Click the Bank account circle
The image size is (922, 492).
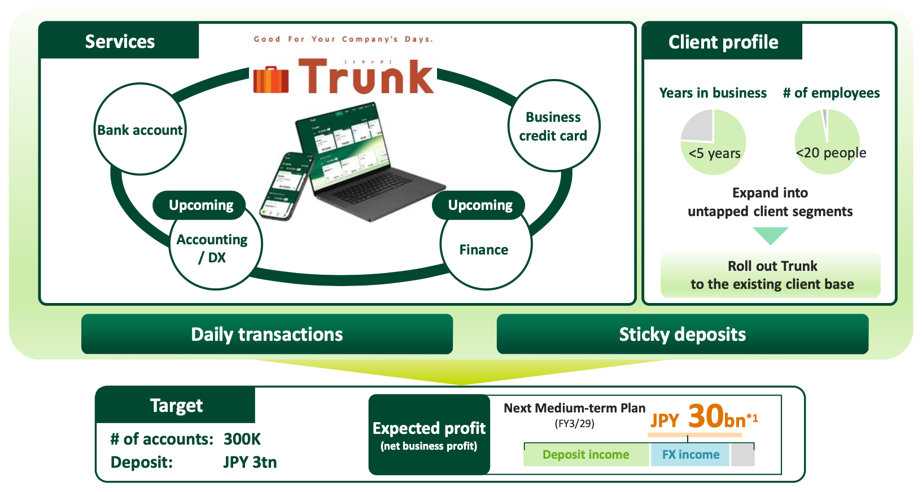[139, 130]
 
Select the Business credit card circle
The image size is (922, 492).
[553, 126]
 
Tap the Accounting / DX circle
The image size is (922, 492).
[213, 249]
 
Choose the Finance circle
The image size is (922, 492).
[484, 250]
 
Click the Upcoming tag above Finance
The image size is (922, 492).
[480, 205]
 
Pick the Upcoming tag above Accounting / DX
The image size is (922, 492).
[200, 205]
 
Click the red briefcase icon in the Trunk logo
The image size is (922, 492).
[271, 80]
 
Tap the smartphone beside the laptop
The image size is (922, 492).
[287, 186]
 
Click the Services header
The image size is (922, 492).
[120, 41]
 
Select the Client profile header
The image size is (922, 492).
[723, 42]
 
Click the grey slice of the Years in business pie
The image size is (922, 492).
[698, 125]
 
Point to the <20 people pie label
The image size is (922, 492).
[831, 153]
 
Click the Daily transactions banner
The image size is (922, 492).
[267, 334]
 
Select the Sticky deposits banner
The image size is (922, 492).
[682, 334]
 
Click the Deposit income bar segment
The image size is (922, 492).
[586, 455]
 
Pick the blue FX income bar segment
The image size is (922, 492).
[691, 455]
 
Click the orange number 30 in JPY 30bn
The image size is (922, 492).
[705, 416]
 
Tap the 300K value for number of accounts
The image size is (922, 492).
[242, 439]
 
